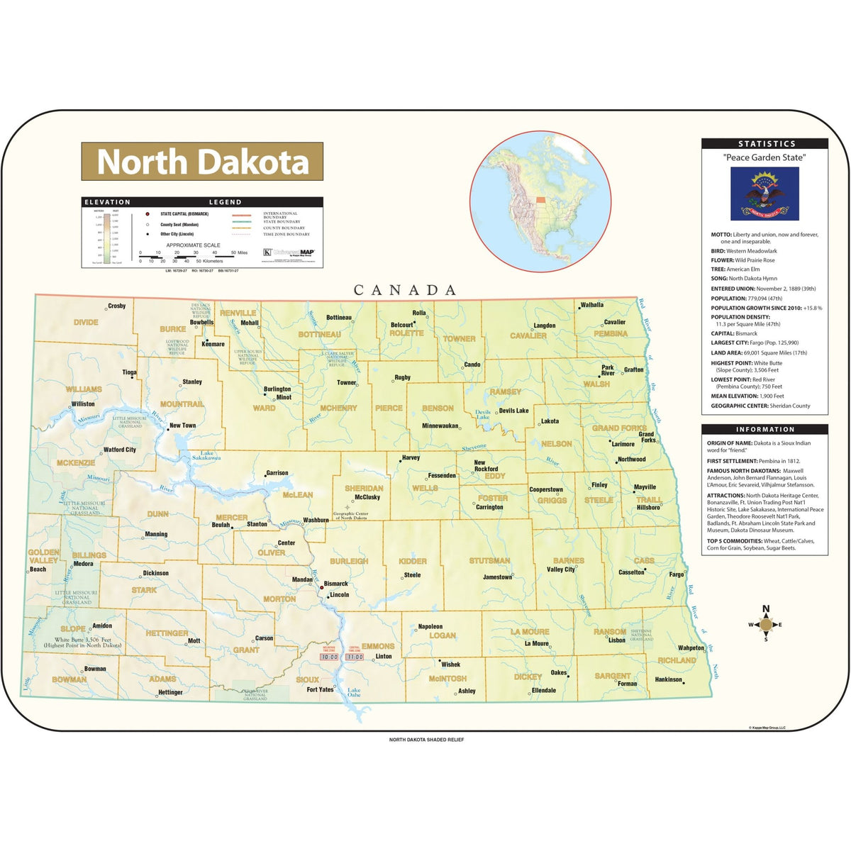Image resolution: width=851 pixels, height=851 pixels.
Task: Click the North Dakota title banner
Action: click(x=202, y=162)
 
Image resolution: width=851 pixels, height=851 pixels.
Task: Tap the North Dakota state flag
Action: click(x=764, y=194)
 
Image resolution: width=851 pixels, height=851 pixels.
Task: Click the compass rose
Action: click(x=765, y=624)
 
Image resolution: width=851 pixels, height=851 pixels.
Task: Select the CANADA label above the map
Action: click(x=406, y=289)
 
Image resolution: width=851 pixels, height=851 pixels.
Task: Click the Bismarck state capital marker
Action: click(x=321, y=586)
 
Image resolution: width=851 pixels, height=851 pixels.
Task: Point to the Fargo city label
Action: click(x=677, y=574)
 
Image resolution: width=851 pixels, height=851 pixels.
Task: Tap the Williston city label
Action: click(x=83, y=404)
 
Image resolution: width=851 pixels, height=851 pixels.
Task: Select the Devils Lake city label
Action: click(x=513, y=411)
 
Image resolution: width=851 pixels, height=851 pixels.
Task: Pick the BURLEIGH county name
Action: click(x=349, y=561)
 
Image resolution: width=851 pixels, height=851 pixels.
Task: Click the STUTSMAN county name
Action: click(x=489, y=561)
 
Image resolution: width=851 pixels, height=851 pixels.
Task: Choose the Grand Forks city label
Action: click(x=647, y=437)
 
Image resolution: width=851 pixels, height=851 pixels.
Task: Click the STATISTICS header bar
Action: click(x=764, y=143)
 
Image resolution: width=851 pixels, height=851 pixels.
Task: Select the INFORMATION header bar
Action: click(x=764, y=429)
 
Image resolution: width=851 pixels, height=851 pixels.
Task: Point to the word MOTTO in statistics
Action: click(x=721, y=235)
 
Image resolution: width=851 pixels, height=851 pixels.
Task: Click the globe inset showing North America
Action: click(x=540, y=201)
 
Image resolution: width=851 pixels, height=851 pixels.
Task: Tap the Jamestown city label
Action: click(x=497, y=577)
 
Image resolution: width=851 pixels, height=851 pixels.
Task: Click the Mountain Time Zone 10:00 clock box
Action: click(x=329, y=657)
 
